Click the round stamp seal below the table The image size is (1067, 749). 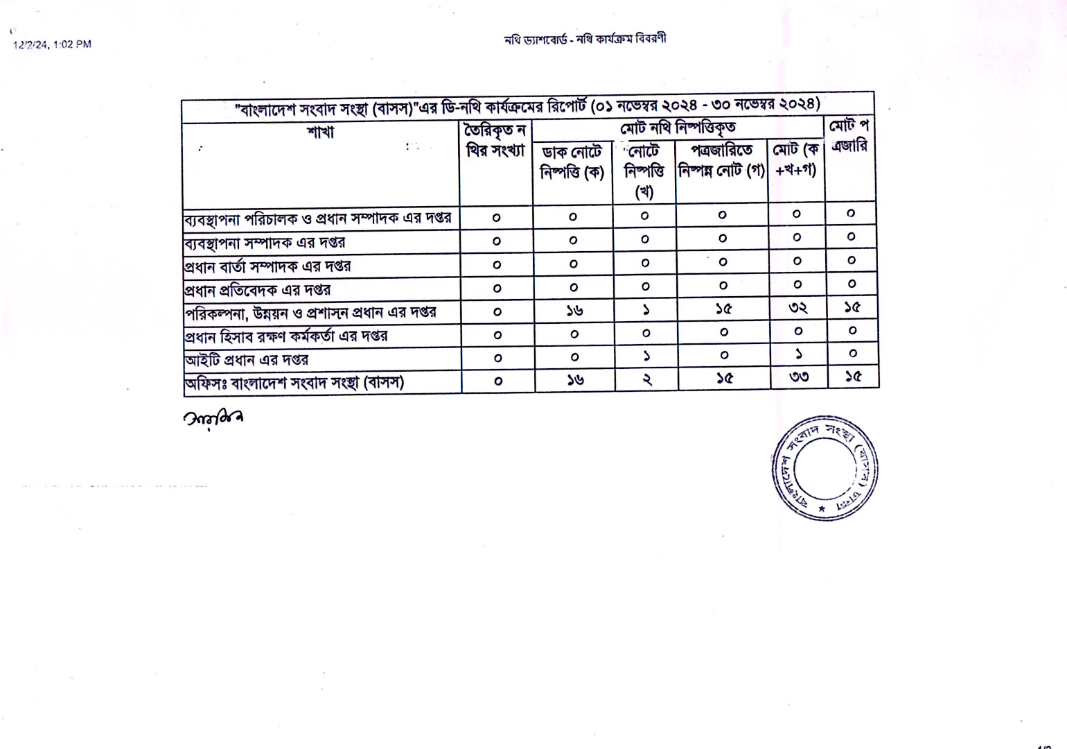pyautogui.click(x=824, y=467)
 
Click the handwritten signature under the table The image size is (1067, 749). pyautogui.click(x=213, y=418)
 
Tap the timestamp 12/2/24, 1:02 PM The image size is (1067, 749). pyautogui.click(x=53, y=44)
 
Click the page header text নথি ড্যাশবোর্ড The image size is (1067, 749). pyautogui.click(x=536, y=40)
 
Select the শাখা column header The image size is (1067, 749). pyautogui.click(x=320, y=132)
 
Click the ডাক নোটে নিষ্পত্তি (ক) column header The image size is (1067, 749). pyautogui.click(x=572, y=162)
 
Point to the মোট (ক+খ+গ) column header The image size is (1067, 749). pyautogui.click(x=796, y=160)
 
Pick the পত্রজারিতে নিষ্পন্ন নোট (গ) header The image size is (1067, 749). pyautogui.click(x=722, y=161)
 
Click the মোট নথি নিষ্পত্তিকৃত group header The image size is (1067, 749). pyautogui.click(x=678, y=128)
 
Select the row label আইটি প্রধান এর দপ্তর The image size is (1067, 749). pyautogui.click(x=247, y=360)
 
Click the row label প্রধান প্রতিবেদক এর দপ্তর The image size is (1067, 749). pyautogui.click(x=258, y=290)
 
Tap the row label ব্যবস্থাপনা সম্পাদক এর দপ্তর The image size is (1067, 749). pyautogui.click(x=265, y=243)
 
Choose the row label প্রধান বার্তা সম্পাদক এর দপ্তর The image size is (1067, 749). pyautogui.click(x=267, y=266)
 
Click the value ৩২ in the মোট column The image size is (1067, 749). pyautogui.click(x=798, y=308)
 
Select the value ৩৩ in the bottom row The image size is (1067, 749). pyautogui.click(x=799, y=378)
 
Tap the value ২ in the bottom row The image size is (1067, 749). pyautogui.click(x=646, y=379)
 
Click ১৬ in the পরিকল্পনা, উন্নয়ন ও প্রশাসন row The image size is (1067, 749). pyautogui.click(x=574, y=311)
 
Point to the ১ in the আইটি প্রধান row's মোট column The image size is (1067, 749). pyautogui.click(x=798, y=354)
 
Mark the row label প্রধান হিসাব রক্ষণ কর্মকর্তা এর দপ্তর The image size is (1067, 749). pyautogui.click(x=285, y=336)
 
